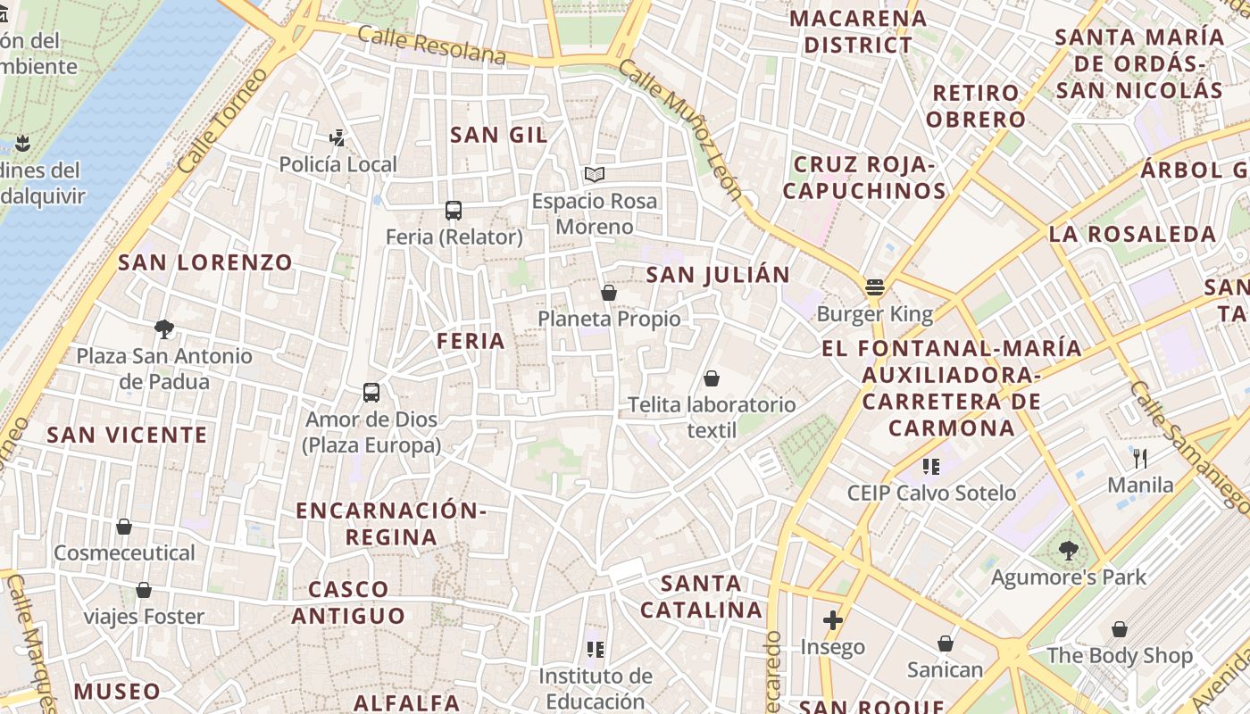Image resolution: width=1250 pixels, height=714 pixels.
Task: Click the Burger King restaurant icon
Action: point(874,287)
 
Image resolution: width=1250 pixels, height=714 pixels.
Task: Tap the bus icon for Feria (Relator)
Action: point(454,211)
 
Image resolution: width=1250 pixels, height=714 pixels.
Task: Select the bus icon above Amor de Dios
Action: point(371,392)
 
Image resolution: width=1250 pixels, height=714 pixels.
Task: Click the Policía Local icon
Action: point(337,138)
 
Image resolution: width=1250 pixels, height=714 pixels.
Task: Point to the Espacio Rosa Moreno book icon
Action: point(595,175)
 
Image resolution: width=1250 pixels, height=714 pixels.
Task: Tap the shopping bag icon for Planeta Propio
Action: point(609,293)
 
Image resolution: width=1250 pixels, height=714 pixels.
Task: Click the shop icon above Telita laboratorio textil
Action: point(712,378)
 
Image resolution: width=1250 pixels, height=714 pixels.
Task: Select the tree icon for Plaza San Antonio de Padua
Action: point(164,329)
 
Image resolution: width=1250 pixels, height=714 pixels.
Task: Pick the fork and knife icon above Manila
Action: point(1140,459)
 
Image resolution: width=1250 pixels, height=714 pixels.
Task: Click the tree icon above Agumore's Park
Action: point(1068,551)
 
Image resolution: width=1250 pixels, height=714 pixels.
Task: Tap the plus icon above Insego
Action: point(833,620)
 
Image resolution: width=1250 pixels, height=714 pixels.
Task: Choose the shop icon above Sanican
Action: point(945,643)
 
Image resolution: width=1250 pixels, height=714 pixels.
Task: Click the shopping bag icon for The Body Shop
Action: point(1120,629)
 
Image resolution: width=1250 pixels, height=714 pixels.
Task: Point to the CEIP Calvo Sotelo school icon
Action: point(931,466)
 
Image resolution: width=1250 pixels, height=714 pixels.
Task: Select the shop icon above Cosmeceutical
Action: point(124,527)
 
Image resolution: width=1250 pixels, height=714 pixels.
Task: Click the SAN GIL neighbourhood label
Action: point(499,135)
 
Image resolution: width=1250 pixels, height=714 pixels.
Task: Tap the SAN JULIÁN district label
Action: point(718,275)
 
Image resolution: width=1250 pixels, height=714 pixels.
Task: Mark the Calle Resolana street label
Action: point(432,45)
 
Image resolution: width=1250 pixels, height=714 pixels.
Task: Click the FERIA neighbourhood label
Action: point(471,340)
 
